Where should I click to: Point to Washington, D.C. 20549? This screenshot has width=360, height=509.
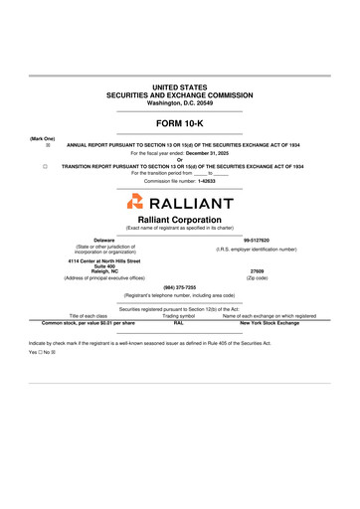pyautogui.click(x=179, y=103)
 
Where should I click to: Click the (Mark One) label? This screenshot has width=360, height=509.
pyautogui.click(x=43, y=138)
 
